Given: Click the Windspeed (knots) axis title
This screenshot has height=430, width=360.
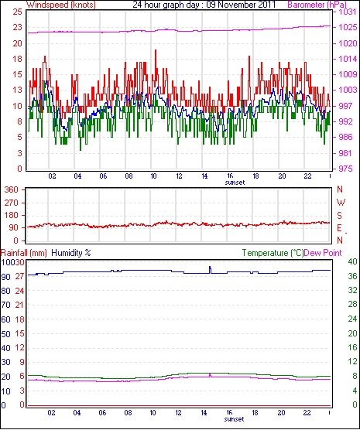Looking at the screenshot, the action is [x=60, y=5].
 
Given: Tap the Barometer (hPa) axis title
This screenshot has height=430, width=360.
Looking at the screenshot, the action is [x=317, y=5].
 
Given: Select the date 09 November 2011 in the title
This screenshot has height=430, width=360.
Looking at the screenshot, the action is [x=241, y=5].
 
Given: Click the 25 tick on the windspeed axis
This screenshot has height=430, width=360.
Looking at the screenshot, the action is [x=17, y=12].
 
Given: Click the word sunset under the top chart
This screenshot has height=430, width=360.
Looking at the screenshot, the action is [x=235, y=183].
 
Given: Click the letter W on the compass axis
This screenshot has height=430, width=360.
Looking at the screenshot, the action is [x=341, y=203].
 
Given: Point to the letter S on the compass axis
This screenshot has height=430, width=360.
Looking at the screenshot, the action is [x=339, y=216].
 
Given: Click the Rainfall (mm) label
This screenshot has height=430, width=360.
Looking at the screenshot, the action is [x=24, y=253].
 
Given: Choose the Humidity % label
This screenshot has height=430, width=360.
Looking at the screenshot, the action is [x=71, y=253].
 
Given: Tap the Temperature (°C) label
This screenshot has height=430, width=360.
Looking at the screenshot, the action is [x=273, y=253].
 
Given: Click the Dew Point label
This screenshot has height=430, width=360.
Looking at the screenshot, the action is [x=323, y=253].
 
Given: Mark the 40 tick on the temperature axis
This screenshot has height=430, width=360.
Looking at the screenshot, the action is [x=352, y=261].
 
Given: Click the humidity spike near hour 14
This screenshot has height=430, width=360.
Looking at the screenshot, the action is [x=210, y=270].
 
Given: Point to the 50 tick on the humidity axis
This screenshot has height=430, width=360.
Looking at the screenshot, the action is [x=5, y=334].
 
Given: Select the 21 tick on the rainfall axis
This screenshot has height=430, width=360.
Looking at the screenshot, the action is [x=19, y=305].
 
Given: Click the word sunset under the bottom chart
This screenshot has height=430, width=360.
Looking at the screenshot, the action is [x=234, y=419].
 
